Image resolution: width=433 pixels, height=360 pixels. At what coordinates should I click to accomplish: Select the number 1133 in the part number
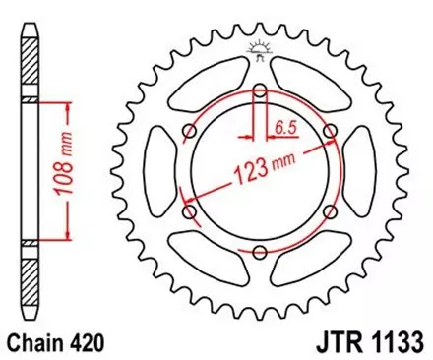pyautogui.click(x=393, y=342)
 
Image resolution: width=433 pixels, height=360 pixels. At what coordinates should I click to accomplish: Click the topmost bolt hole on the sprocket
pyautogui.click(x=260, y=92)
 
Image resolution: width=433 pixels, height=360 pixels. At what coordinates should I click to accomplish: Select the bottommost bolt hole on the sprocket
pyautogui.click(x=260, y=253)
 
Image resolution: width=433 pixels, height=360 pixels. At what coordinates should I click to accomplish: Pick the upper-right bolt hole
pyautogui.click(x=329, y=133)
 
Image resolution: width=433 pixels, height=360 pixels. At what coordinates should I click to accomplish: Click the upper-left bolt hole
pyautogui.click(x=190, y=133)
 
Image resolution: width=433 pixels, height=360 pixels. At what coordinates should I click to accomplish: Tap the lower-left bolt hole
pyautogui.click(x=190, y=212)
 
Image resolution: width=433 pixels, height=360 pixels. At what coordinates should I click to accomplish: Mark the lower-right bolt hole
pyautogui.click(x=329, y=212)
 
